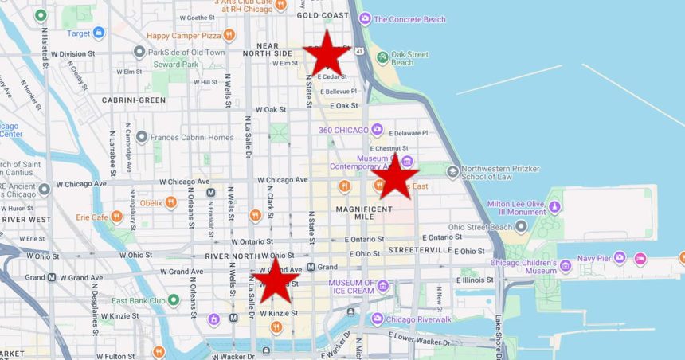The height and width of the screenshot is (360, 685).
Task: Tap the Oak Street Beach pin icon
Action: point(382,57)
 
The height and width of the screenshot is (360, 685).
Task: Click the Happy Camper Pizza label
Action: point(183,35)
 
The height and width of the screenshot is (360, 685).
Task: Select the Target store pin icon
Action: point(98,33)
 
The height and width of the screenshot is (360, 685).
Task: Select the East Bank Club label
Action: point(139,301)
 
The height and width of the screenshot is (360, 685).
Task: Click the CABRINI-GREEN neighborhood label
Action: point(134,100)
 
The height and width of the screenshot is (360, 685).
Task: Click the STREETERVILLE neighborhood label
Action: point(421,249)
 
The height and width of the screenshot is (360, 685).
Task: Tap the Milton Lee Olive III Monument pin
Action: point(554,207)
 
